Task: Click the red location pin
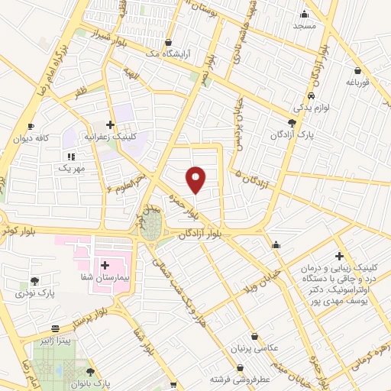[197, 179]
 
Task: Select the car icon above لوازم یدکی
[312, 96]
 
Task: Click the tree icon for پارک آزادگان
[292, 122]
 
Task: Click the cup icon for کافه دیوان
[31, 127]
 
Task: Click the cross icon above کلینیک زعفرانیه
[111, 124]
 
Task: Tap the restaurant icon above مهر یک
[71, 156]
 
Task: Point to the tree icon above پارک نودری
[34, 281]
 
